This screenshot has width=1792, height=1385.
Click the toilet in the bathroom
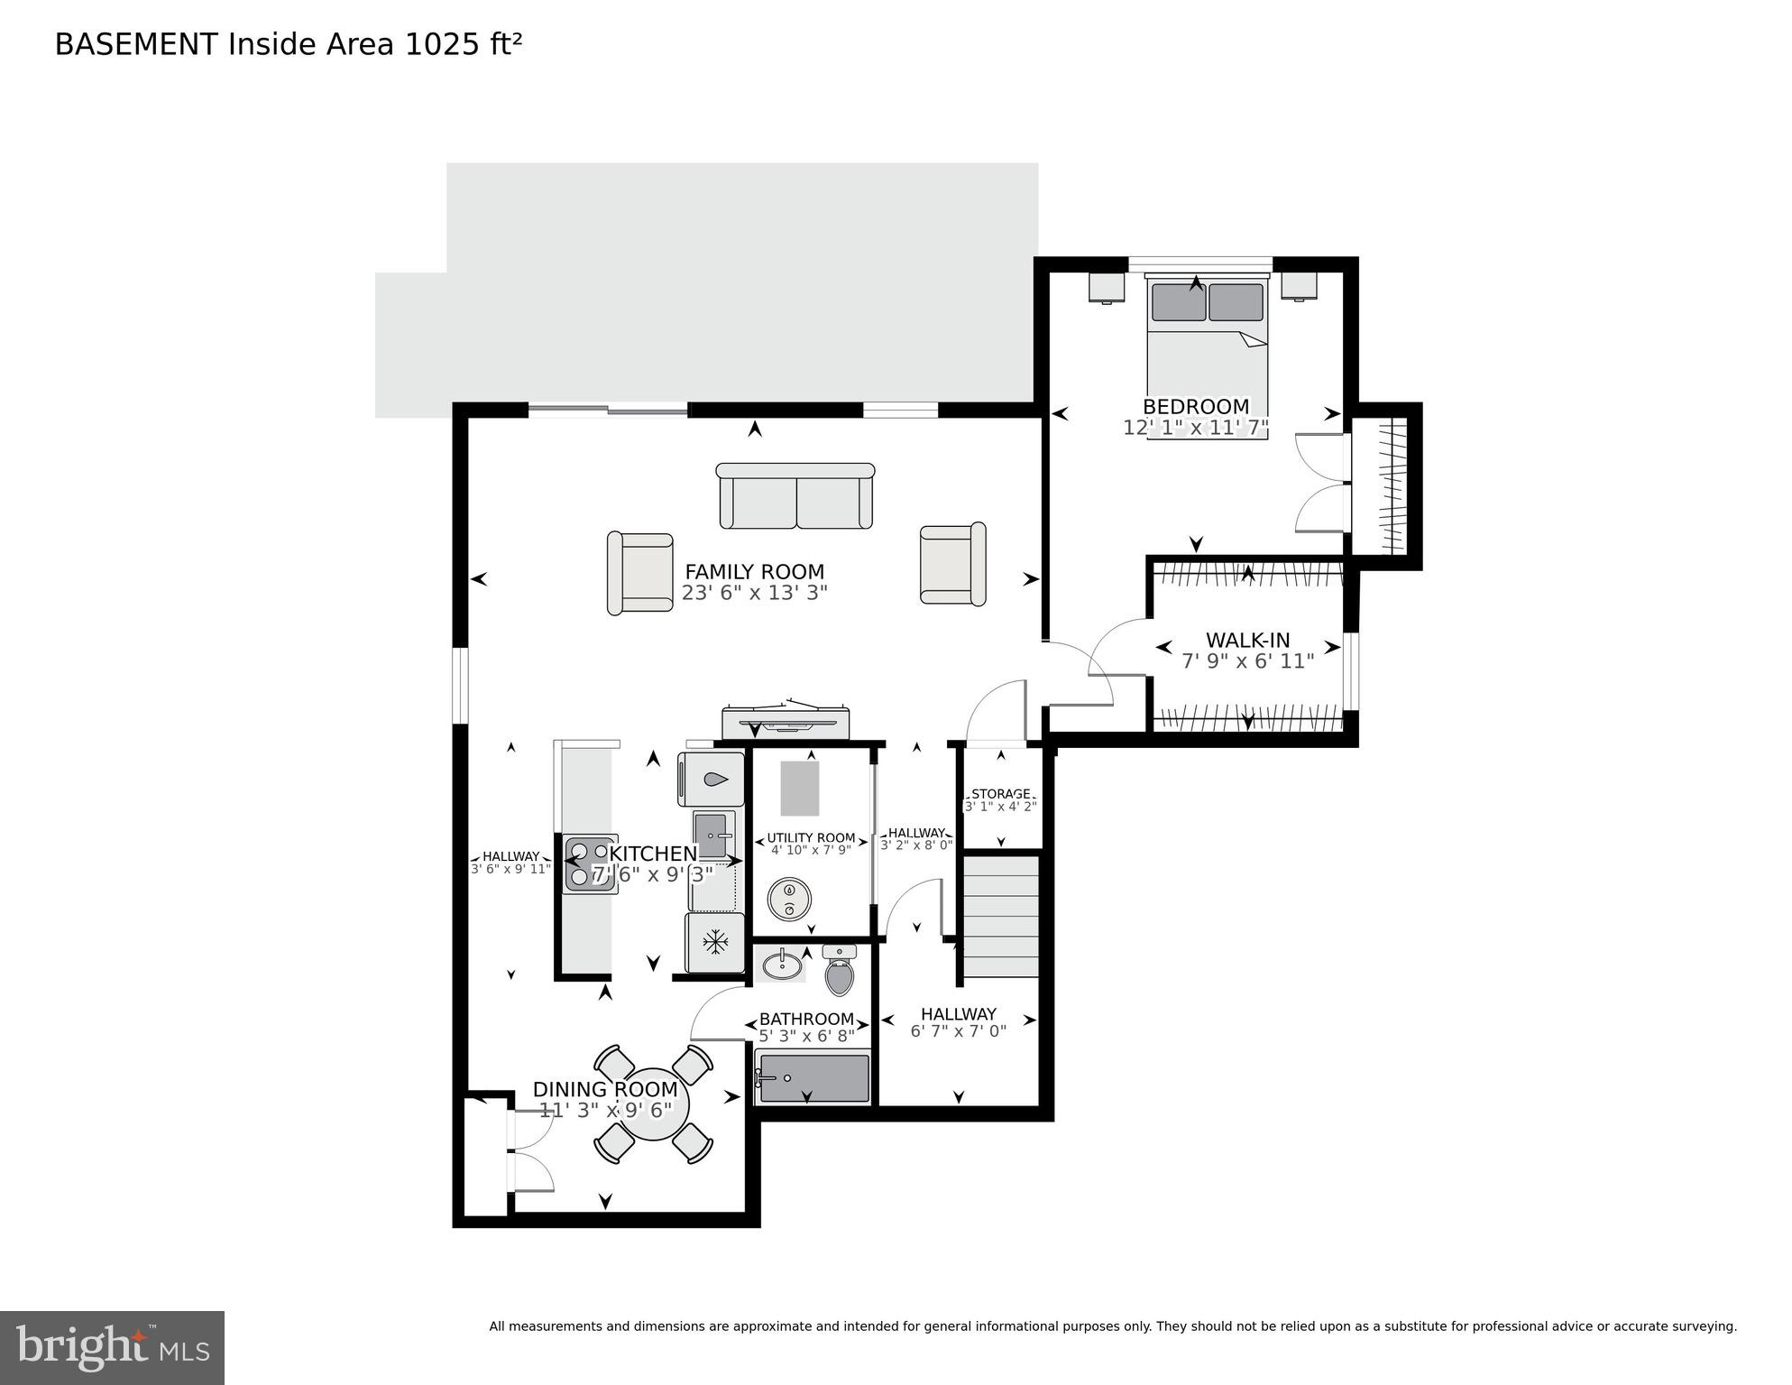coord(839,973)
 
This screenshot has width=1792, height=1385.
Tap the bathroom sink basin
coord(782,965)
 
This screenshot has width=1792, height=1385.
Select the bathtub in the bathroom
coord(813,1077)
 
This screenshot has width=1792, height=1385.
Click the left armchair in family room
coord(640,574)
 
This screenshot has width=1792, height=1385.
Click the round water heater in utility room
coord(789,899)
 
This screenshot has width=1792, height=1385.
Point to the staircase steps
coord(1001,917)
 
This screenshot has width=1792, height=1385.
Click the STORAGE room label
coord(1000,794)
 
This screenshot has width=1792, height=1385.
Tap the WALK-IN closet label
coord(1247,641)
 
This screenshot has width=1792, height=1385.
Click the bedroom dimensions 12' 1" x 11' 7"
coord(1195,428)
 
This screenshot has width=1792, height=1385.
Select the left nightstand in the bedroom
coord(1107,287)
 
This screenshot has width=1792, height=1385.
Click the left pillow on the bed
coord(1178,302)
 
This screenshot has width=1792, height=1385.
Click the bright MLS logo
coord(112,1347)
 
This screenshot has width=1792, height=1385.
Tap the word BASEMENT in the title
coord(136,44)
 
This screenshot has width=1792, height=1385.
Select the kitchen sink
coord(712,836)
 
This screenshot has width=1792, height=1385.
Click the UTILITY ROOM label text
coord(811,837)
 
